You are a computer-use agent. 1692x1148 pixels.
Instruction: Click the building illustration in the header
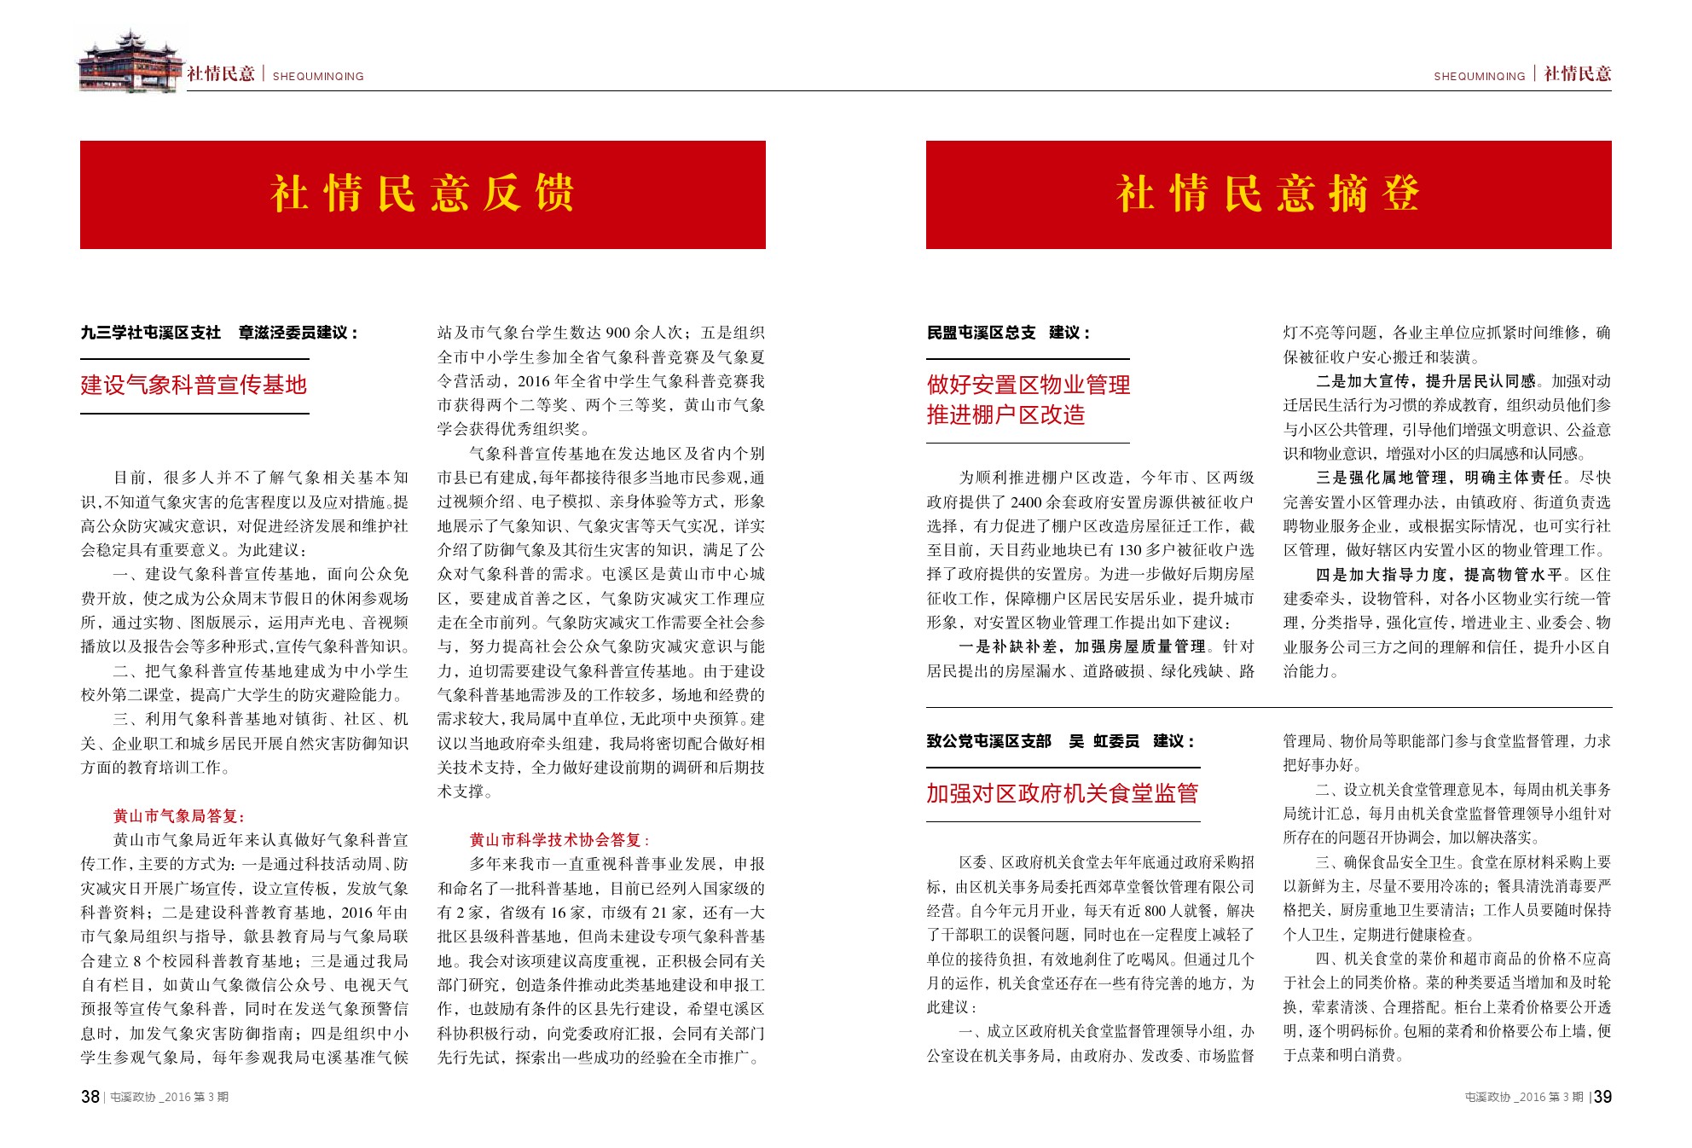point(130,61)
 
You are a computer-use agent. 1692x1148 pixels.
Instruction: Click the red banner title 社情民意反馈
point(422,194)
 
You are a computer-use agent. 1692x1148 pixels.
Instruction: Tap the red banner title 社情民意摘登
point(1268,194)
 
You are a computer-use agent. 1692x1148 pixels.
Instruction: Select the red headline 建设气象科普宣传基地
point(194,385)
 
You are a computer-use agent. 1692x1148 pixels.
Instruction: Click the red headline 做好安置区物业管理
point(1029,385)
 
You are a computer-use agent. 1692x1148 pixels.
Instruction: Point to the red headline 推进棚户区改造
point(1006,415)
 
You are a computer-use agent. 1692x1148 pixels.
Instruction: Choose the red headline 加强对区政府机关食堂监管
point(1062,793)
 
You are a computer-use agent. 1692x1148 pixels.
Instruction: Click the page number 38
point(90,1097)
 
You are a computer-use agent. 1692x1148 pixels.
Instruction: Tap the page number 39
point(1602,1097)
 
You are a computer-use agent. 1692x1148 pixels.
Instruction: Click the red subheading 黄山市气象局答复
point(179,816)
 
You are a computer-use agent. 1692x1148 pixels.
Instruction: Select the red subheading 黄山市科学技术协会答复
point(559,840)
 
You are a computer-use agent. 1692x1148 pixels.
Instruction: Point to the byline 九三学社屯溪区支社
point(151,333)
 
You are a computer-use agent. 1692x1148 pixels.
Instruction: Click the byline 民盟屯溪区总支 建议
point(1007,333)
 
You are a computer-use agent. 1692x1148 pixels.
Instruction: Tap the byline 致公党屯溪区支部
point(989,741)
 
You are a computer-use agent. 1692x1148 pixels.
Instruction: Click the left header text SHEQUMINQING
point(318,77)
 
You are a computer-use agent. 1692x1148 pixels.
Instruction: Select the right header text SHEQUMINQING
point(1479,77)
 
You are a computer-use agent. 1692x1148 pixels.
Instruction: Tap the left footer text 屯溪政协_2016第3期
point(170,1098)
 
